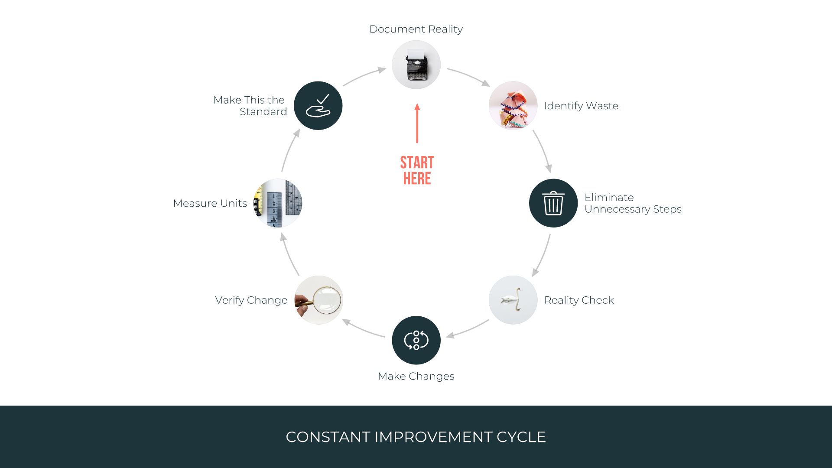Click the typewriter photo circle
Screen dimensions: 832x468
[x=416, y=65]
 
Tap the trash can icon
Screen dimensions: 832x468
[x=553, y=203]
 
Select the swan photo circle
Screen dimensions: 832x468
[x=513, y=300]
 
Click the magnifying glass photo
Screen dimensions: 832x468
[x=319, y=300]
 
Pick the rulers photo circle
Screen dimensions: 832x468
[x=278, y=203]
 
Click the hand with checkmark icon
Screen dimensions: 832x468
[x=318, y=106]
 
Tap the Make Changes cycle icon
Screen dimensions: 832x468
[x=416, y=340]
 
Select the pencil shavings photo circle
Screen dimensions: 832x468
[x=513, y=106]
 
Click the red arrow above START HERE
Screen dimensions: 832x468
[x=417, y=123]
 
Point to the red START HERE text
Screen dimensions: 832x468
[x=417, y=170]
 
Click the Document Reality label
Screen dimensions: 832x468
[x=416, y=29]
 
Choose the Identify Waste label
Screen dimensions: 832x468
[x=581, y=106]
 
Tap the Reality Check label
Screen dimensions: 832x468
[x=579, y=300]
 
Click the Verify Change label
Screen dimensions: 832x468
[x=251, y=300]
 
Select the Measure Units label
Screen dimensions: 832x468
[x=210, y=203]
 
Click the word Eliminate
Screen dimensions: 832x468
[x=609, y=197]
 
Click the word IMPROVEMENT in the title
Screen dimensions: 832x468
[x=433, y=437]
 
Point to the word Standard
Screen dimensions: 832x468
[x=263, y=112]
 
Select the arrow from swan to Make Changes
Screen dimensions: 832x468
[x=468, y=329]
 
